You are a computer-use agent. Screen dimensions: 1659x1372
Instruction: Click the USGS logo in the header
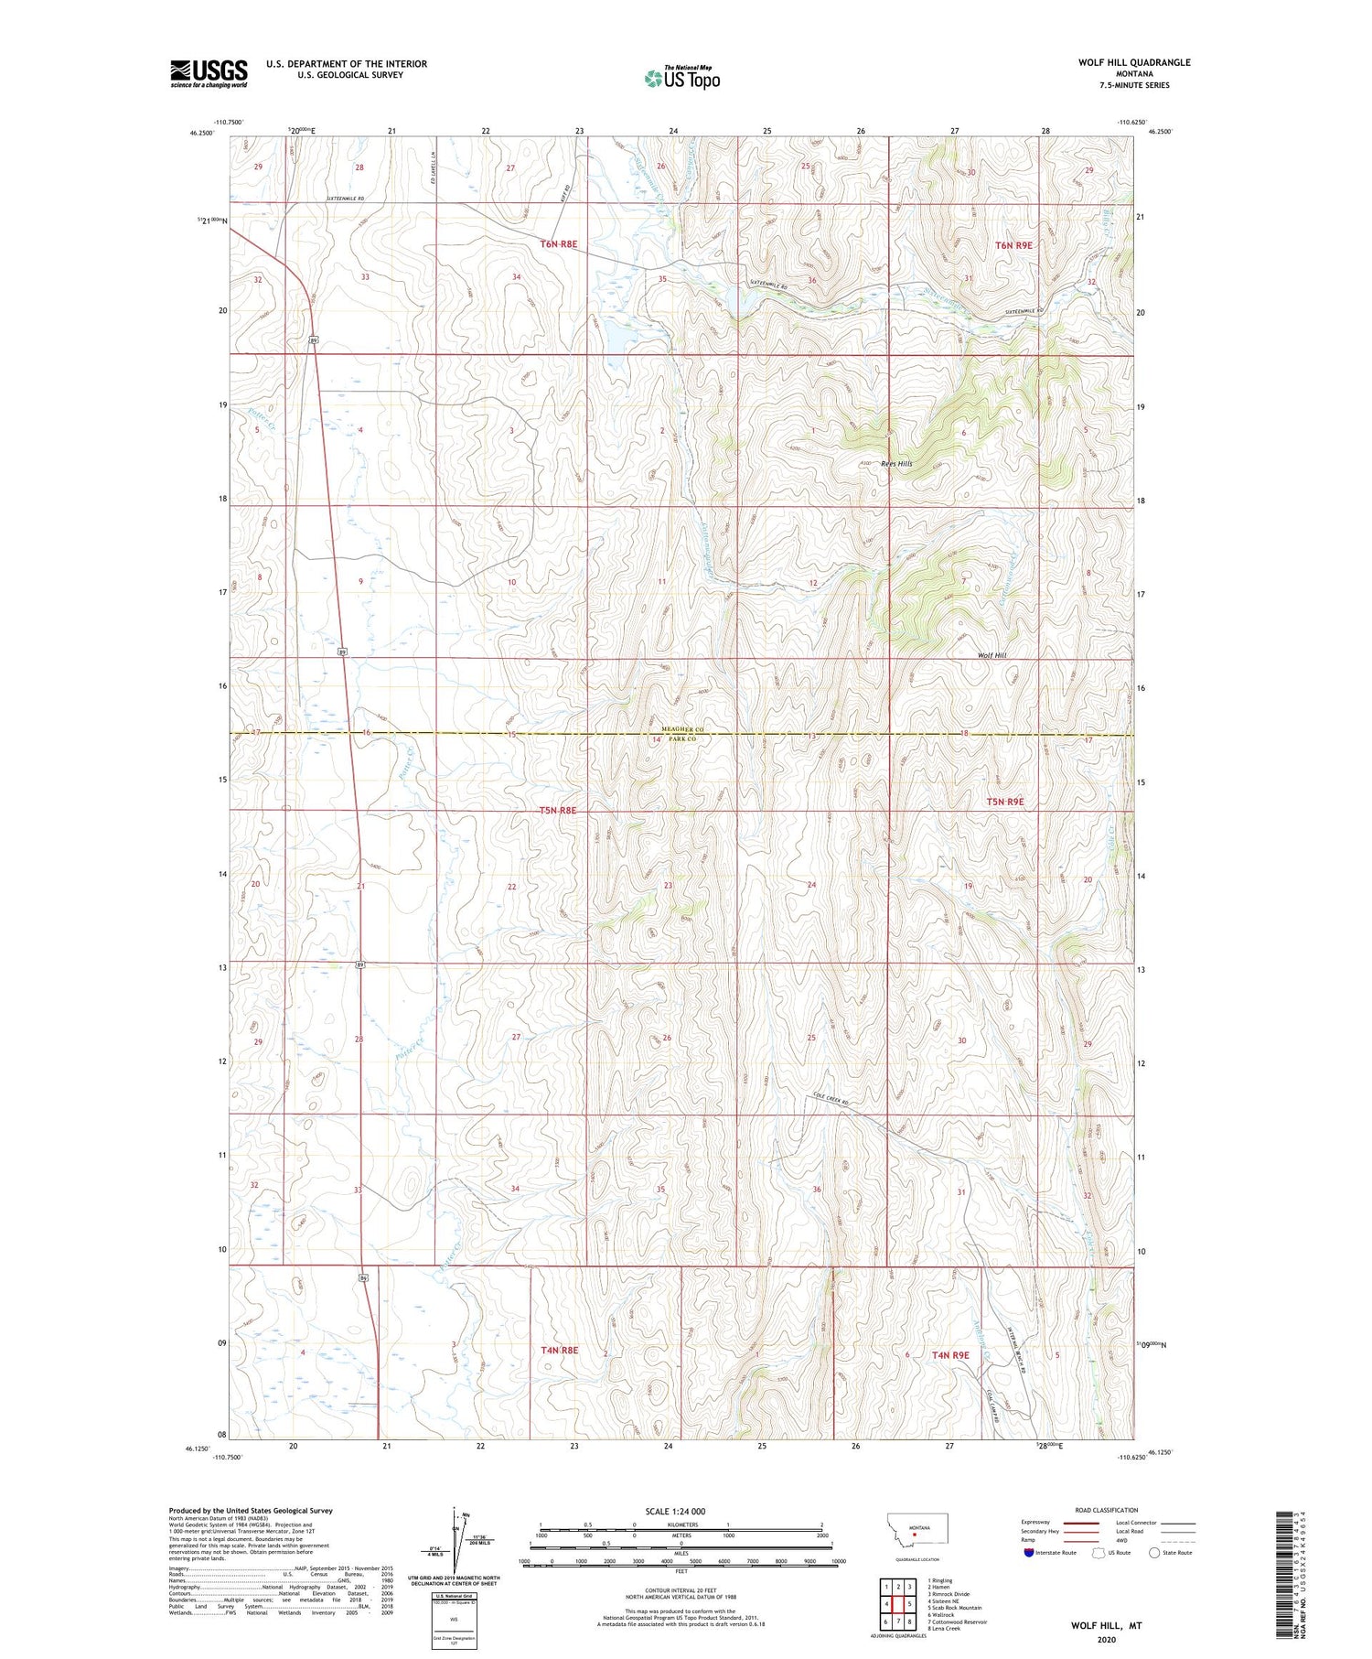pyautogui.click(x=209, y=73)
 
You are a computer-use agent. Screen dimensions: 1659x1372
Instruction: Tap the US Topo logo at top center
pyautogui.click(x=681, y=79)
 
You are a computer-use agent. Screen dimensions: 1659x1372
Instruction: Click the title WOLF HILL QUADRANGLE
pyautogui.click(x=1133, y=62)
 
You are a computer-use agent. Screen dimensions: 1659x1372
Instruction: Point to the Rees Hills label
pyautogui.click(x=896, y=464)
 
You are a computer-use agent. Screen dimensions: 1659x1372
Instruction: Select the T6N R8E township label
pyautogui.click(x=559, y=244)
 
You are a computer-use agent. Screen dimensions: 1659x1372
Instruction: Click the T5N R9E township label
pyautogui.click(x=1004, y=802)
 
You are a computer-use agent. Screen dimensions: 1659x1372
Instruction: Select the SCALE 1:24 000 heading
pyautogui.click(x=675, y=1511)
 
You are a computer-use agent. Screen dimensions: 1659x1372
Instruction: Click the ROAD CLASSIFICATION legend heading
pyautogui.click(x=1107, y=1510)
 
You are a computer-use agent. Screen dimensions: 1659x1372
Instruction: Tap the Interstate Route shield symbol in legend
pyautogui.click(x=1029, y=1553)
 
